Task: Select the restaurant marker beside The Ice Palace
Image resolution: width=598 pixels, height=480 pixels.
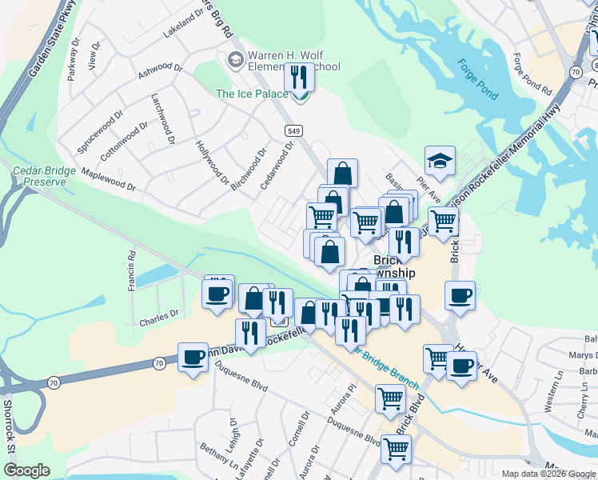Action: [x=299, y=79]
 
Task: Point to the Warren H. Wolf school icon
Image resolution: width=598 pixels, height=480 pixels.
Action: [x=235, y=60]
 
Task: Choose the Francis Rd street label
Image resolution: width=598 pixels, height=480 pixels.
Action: [x=131, y=271]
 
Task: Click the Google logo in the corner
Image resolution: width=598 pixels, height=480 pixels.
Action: [x=26, y=470]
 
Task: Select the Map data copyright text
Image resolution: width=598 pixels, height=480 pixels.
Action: [x=548, y=474]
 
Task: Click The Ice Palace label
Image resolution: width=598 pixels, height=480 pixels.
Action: [x=252, y=94]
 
